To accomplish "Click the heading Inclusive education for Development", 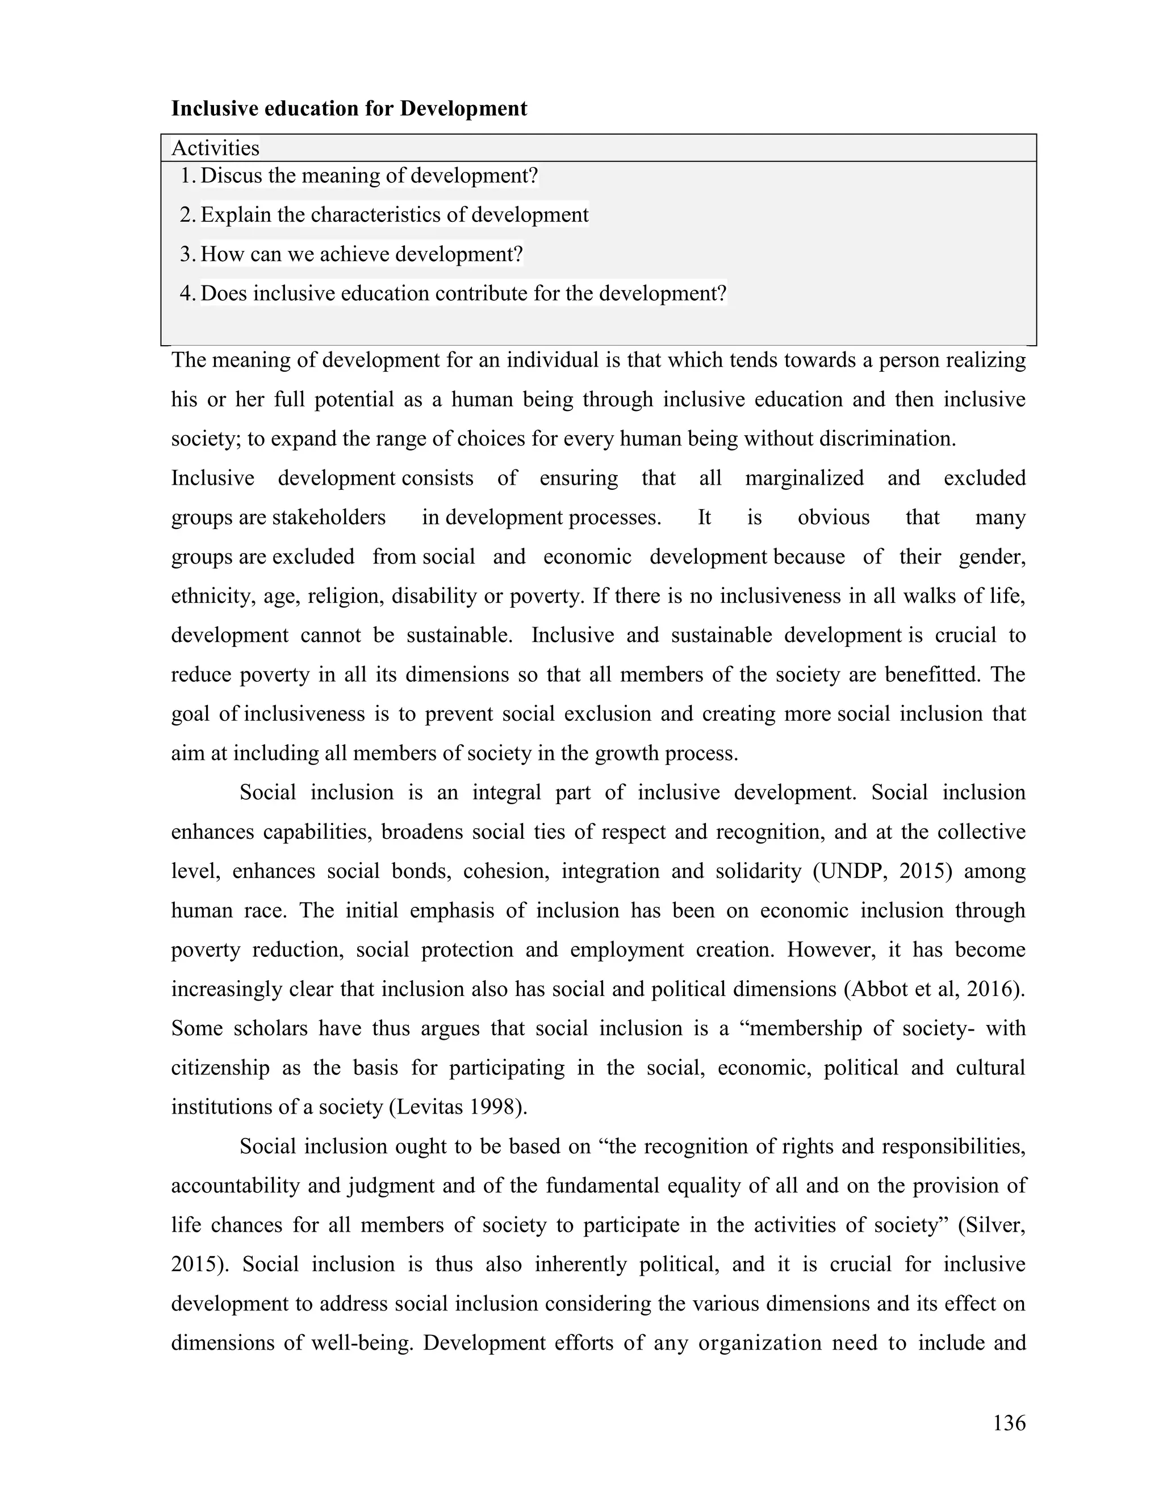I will pyautogui.click(x=349, y=109).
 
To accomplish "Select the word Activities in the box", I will pyautogui.click(x=215, y=148).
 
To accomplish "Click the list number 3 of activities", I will pyautogui.click(x=186, y=254).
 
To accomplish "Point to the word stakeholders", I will pyautogui.click(x=329, y=517).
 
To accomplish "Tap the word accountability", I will pyautogui.click(x=236, y=1186).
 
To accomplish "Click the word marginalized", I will pyautogui.click(x=804, y=478).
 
